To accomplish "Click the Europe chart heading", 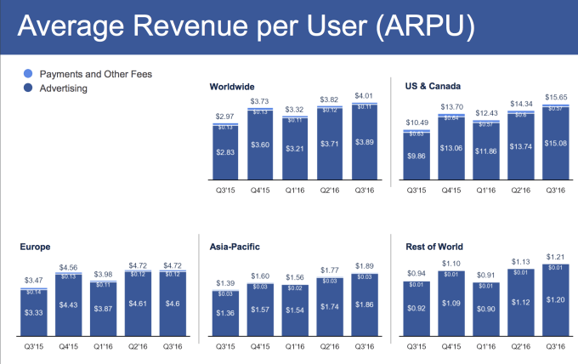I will click(x=37, y=247).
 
